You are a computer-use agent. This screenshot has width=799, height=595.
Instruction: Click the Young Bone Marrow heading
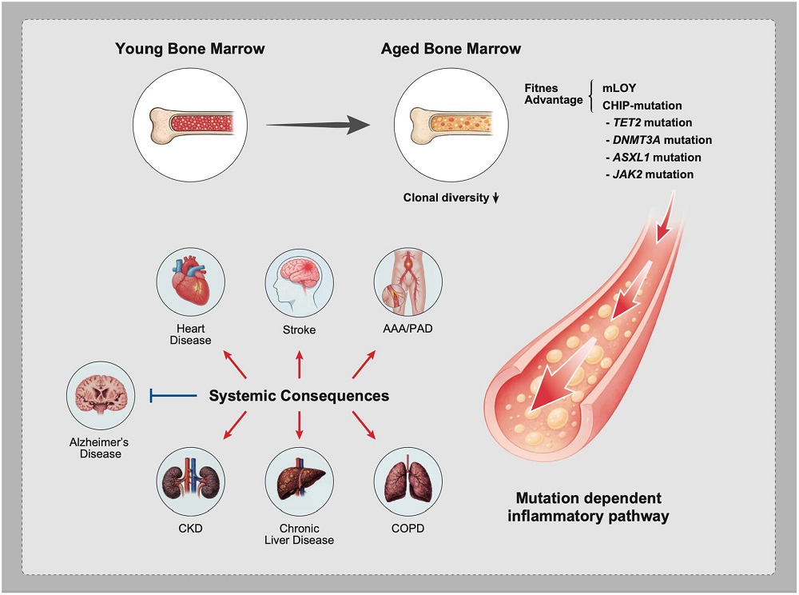190,49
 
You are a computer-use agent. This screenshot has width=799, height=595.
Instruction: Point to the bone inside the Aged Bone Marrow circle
452,124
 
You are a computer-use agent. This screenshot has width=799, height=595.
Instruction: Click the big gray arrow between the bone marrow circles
320,125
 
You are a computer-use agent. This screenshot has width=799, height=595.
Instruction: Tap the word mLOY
620,88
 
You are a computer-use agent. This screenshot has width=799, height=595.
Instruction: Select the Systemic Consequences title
299,395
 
